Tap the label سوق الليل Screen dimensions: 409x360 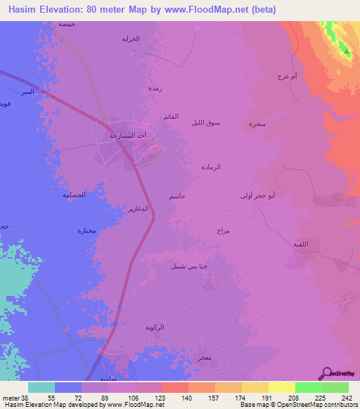pos(205,122)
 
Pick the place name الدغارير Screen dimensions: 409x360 pos(136,209)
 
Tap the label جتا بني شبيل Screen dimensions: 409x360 pos(188,266)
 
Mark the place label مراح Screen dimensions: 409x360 pos(224,231)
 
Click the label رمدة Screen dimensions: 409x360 pos(155,89)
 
